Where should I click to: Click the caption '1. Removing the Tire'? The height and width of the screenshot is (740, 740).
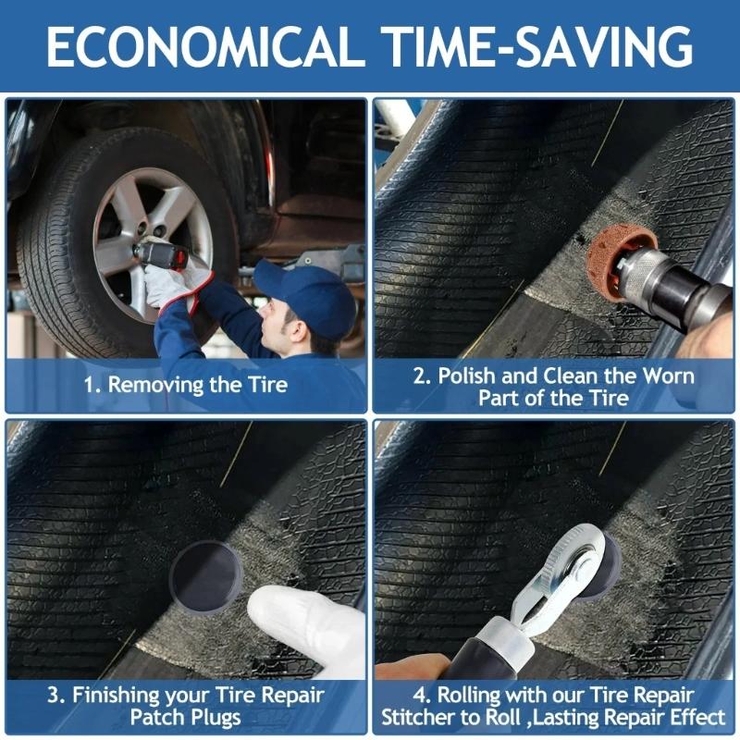tap(184, 385)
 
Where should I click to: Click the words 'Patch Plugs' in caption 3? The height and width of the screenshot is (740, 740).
tap(185, 718)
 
